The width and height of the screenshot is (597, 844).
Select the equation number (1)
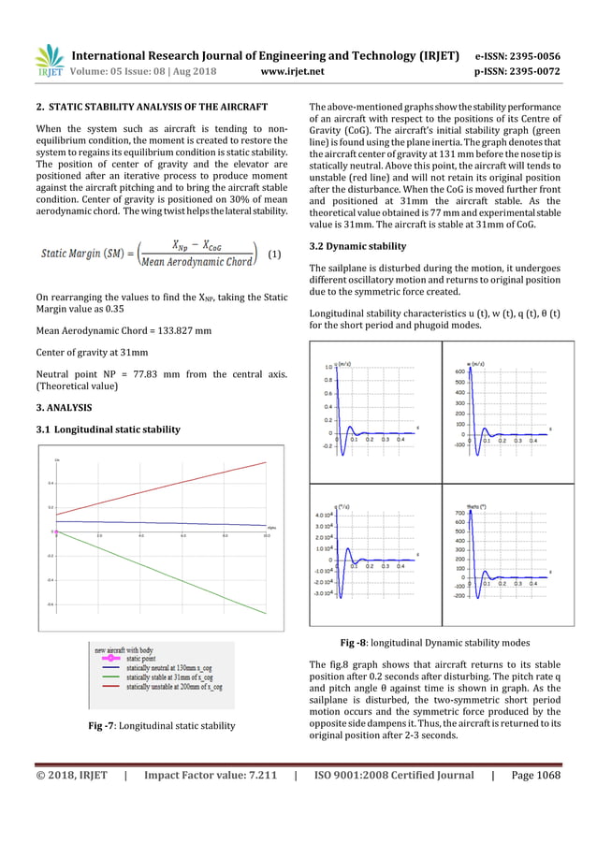274,254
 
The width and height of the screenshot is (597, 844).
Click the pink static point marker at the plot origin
56,531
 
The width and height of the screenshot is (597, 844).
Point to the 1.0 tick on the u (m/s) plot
328,367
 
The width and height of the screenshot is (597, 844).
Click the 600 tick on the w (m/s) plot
458,371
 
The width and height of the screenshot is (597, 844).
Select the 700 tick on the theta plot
458,514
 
